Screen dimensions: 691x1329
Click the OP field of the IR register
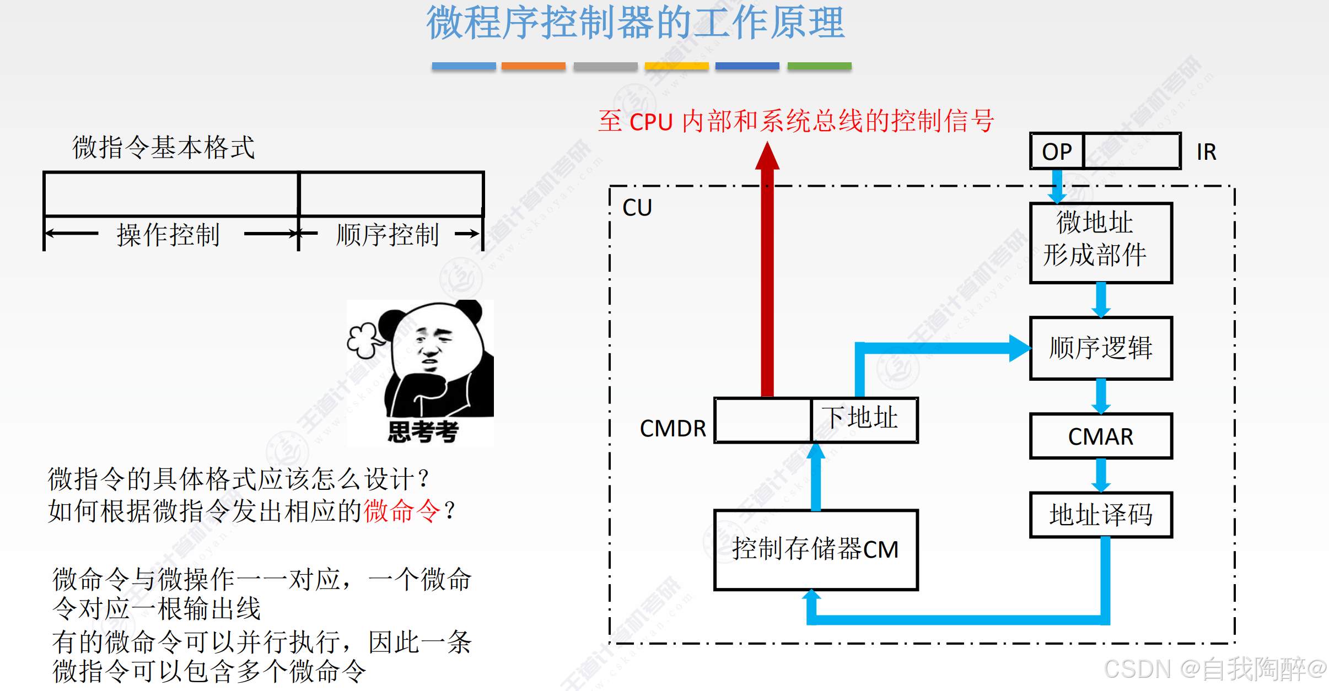pos(1057,152)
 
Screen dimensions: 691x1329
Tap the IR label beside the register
pos(1206,152)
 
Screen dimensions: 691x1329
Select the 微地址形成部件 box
pos(1100,243)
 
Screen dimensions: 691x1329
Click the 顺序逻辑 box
pos(1100,348)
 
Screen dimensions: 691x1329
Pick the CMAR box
pos(1100,436)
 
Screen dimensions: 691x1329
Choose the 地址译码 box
pos(1100,515)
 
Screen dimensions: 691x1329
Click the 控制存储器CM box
pos(815,549)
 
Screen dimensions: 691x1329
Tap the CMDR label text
pos(672,428)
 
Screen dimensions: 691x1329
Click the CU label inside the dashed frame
pos(637,208)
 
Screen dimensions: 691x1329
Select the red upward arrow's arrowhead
pos(767,156)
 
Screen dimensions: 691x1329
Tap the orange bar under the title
pos(533,66)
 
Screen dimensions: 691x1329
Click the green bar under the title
pos(819,66)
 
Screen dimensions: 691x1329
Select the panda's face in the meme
pos(433,342)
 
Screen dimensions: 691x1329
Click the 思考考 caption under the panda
pos(423,431)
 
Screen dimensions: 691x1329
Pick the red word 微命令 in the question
pos(402,511)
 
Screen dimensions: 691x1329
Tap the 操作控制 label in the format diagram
pos(168,235)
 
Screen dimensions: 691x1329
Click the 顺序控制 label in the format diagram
pos(388,235)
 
